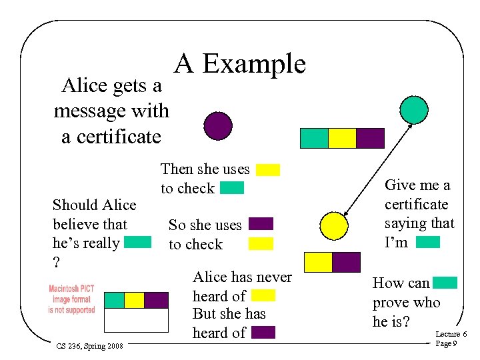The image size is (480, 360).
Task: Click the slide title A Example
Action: pyautogui.click(x=240, y=64)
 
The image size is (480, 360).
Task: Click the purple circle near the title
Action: pyautogui.click(x=218, y=125)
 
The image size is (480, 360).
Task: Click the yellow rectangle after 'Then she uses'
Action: pyautogui.click(x=268, y=169)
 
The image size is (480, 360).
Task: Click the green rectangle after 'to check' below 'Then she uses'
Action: pyautogui.click(x=232, y=188)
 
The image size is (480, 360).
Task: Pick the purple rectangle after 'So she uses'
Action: pyautogui.click(x=261, y=224)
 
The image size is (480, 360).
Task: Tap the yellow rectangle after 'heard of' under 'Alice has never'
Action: pyautogui.click(x=264, y=295)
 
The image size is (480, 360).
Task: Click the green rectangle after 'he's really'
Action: pyautogui.click(x=138, y=243)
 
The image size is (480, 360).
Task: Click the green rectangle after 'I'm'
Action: pyautogui.click(x=427, y=242)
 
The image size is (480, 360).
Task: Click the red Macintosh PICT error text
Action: pyautogui.click(x=71, y=299)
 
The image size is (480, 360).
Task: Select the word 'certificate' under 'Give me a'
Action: pyautogui.click(x=416, y=204)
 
